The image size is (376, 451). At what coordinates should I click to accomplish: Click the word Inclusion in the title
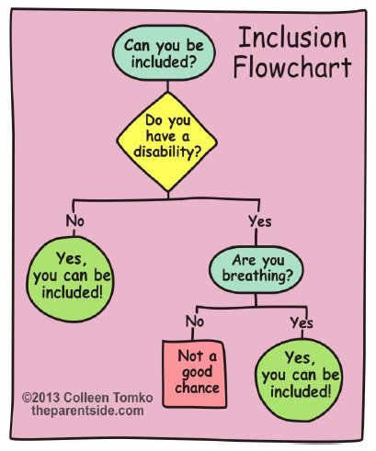coord(292,38)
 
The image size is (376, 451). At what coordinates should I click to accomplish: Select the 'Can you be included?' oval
coord(164,53)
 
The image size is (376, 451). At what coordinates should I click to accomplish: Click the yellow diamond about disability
coord(167,141)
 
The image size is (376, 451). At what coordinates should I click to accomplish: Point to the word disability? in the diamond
coord(167,152)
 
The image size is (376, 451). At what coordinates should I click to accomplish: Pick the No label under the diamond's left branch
coord(75,220)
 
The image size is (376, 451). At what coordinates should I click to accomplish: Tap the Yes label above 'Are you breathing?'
coord(260,221)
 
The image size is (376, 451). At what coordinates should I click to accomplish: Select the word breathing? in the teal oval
coord(257,276)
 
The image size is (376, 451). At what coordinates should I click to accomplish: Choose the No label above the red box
coord(195,321)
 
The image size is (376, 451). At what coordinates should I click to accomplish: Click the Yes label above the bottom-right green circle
coord(302,322)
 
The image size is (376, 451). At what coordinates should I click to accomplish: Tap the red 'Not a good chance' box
coord(195,374)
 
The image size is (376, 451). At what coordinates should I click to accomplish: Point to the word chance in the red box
coord(197,388)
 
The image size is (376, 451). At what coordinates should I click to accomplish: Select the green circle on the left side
coord(70,279)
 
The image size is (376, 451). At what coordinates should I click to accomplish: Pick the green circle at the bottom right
coord(299,379)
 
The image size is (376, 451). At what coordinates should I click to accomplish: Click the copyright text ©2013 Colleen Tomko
coord(87,398)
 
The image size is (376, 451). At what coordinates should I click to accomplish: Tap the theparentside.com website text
coord(87,411)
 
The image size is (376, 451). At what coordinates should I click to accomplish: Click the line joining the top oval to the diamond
coord(167,86)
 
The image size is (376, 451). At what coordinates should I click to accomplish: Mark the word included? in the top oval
coord(164,62)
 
